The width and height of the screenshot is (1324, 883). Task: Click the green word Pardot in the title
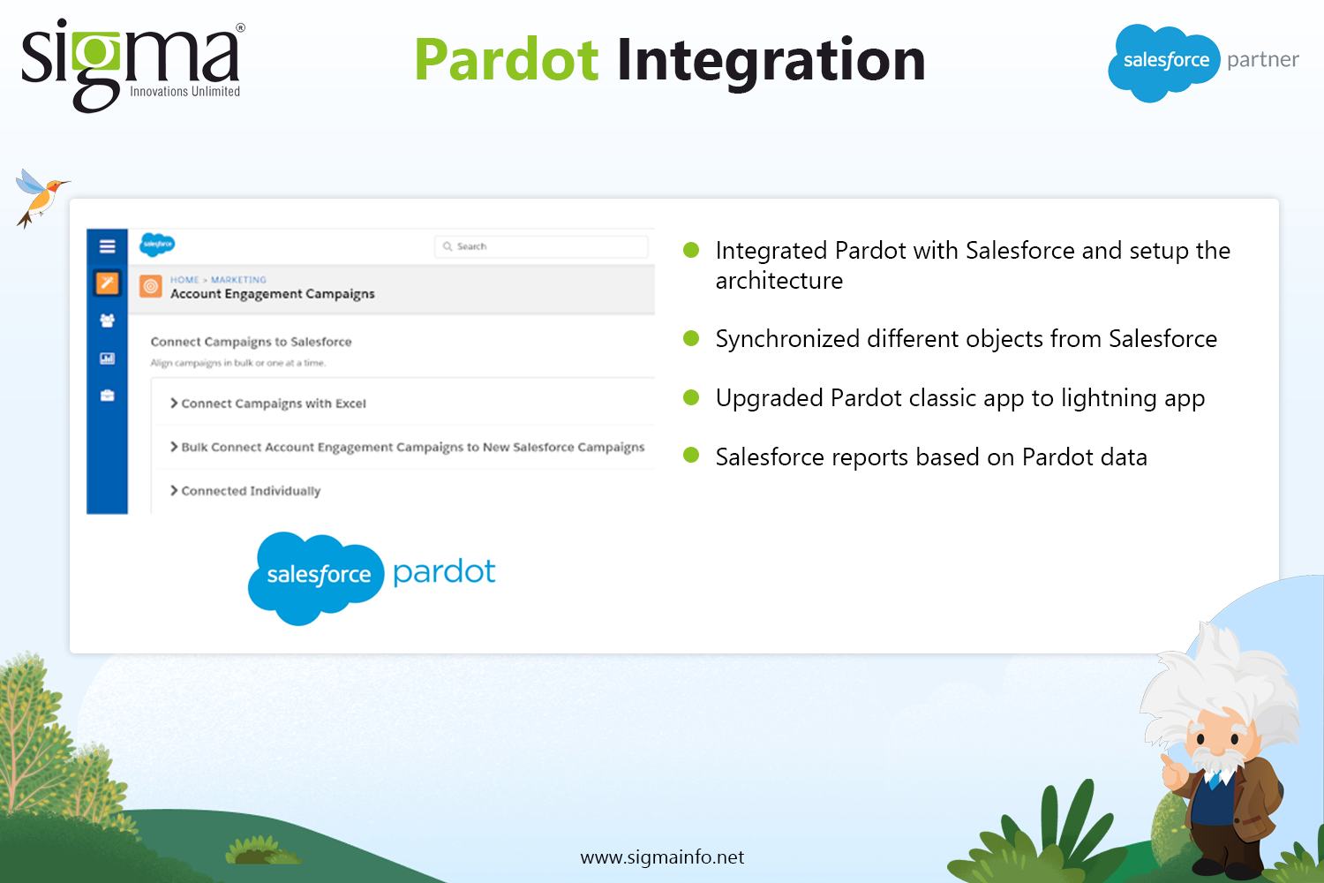[507, 60]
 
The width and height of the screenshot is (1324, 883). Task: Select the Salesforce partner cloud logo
[1163, 62]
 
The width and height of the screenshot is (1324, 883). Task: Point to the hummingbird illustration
[40, 198]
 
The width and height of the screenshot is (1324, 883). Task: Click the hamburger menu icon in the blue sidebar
[107, 246]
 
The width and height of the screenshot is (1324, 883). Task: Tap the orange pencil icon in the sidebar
[107, 283]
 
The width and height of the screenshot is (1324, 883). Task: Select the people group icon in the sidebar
[107, 321]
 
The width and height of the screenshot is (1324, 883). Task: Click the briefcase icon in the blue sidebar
[107, 395]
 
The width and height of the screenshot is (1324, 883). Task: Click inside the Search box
[541, 246]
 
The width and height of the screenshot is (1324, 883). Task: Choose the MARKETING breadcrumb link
[238, 280]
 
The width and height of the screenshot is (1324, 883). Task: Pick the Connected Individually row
[245, 491]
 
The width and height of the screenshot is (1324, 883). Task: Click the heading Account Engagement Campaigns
[273, 294]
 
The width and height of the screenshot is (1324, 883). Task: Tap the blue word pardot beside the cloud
[444, 572]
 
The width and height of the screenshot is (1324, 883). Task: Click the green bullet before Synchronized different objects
[691, 338]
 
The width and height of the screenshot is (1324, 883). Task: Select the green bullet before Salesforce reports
[691, 456]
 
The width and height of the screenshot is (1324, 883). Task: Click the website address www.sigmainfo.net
[662, 857]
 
